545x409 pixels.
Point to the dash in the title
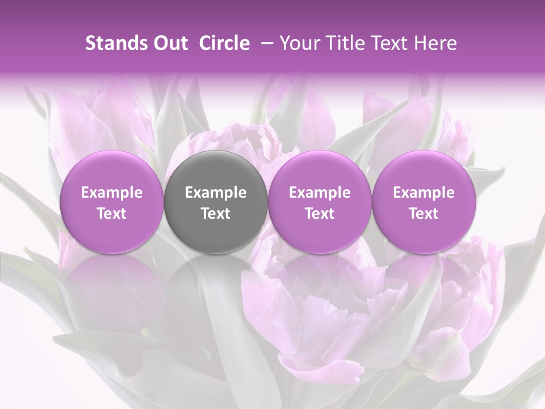265,43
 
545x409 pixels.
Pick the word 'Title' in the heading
346,43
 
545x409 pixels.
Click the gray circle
216,202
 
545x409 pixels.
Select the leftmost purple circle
111,202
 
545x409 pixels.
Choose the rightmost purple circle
424,202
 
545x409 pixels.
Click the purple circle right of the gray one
320,202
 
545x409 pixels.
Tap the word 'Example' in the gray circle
216,193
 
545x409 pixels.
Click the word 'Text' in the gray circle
216,214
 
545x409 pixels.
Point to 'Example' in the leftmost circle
111,193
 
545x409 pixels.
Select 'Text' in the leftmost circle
111,214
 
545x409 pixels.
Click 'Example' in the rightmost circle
424,193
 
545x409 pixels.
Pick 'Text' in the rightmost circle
424,214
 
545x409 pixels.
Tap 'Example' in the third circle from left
320,193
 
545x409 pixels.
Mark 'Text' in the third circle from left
320,214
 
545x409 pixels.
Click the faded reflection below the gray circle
216,284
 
